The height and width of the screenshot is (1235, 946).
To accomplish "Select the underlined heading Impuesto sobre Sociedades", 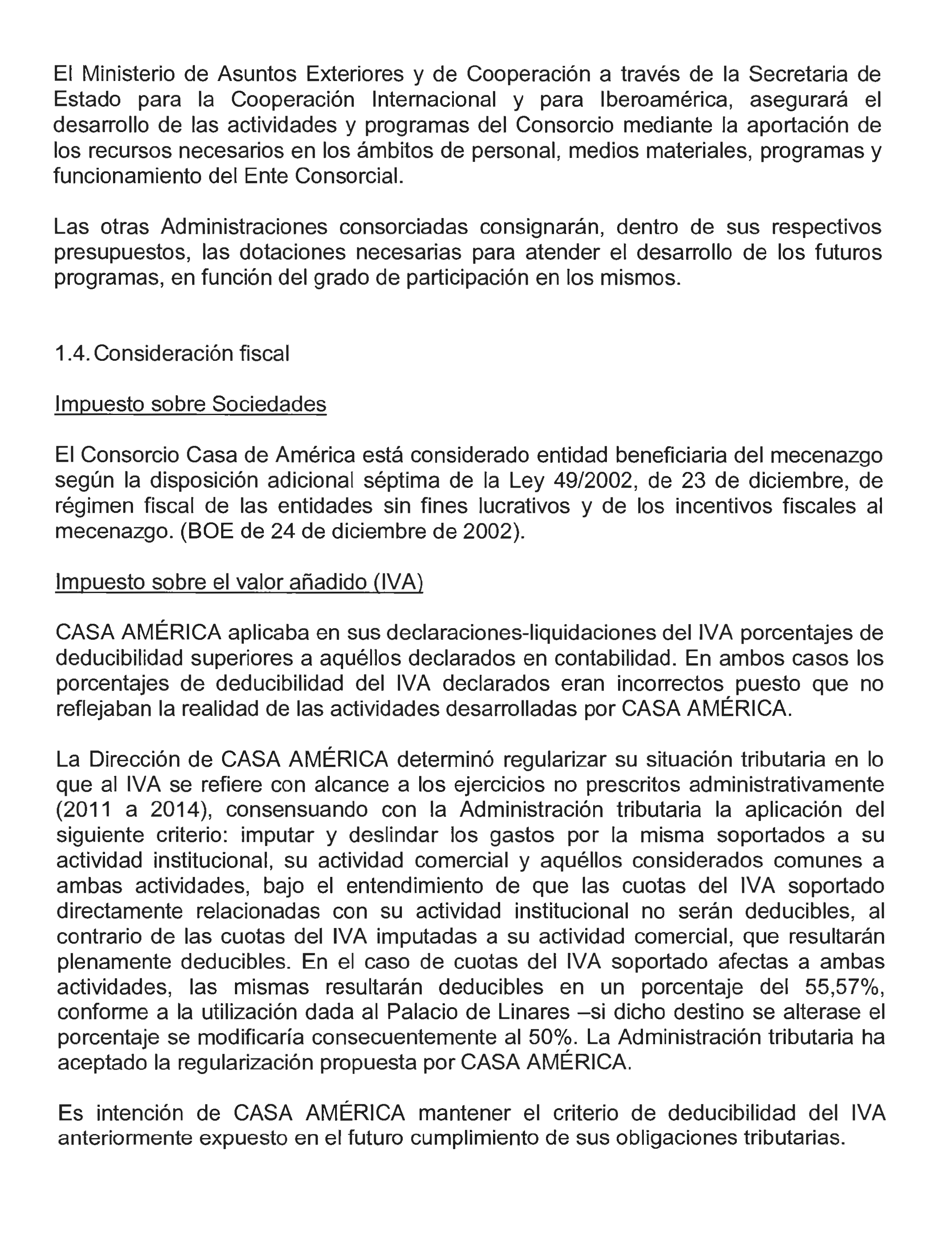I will coord(190,404).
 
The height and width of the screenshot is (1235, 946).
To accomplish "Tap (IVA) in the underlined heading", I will coord(397,582).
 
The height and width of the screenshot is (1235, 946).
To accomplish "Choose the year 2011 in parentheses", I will coord(87,810).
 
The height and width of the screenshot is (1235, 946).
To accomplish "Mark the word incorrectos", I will coord(670,683).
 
